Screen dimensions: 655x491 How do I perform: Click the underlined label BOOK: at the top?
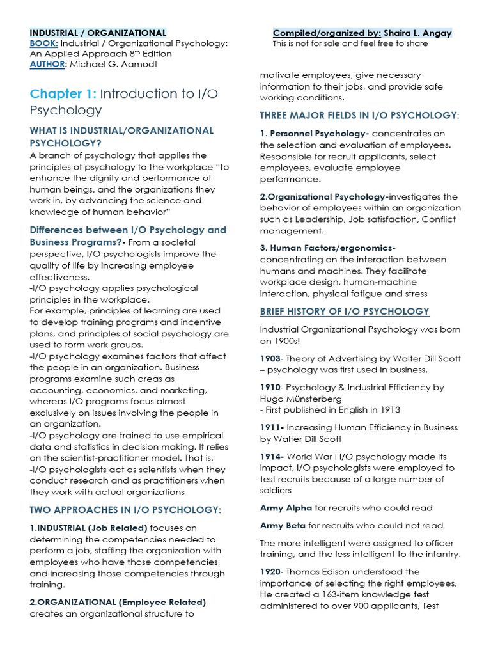click(44, 43)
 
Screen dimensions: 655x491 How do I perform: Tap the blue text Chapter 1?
click(63, 94)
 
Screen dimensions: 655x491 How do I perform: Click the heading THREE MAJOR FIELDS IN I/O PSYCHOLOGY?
click(359, 115)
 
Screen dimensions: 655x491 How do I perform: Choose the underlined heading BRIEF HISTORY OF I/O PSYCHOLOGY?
click(345, 312)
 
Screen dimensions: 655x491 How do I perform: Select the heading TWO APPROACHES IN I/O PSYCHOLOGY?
click(125, 510)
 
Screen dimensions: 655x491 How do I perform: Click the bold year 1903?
click(271, 359)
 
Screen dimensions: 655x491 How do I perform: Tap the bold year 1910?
click(271, 387)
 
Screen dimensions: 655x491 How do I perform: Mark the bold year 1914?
click(272, 456)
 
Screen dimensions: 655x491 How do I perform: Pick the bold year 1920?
click(271, 571)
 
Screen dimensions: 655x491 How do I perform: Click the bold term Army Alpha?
click(286, 508)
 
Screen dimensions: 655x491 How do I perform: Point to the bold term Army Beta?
click(283, 525)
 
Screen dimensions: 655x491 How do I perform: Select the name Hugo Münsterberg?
click(291, 399)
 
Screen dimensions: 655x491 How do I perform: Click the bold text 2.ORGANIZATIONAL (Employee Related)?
click(118, 602)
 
